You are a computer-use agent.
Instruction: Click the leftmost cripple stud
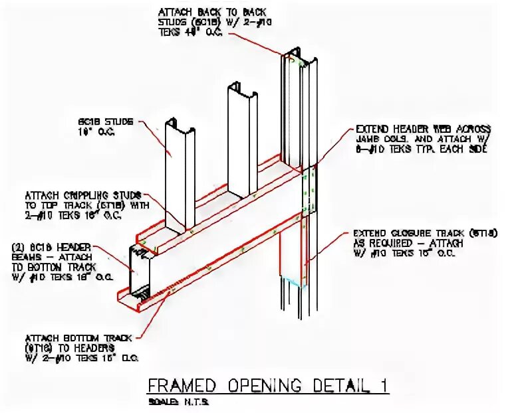pyautogui.click(x=180, y=173)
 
